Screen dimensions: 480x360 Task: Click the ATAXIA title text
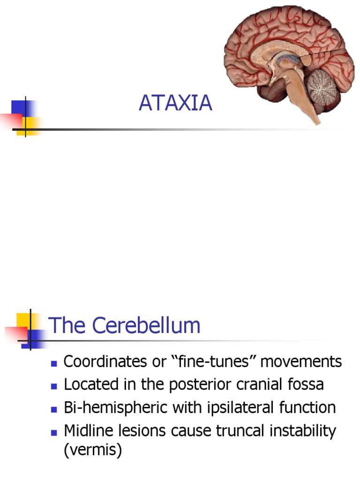(175, 104)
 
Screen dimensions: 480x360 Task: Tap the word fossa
(304, 385)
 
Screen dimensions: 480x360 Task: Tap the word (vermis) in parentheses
(93, 451)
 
